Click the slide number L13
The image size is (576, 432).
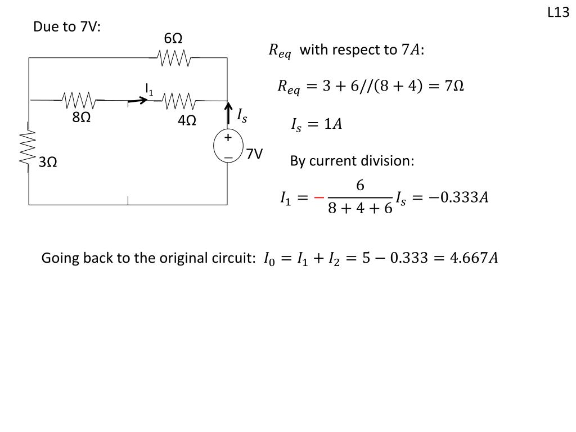558,12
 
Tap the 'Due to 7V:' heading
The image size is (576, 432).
67,27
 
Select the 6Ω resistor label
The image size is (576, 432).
173,38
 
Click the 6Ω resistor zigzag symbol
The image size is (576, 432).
174,58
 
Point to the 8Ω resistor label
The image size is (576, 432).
81,117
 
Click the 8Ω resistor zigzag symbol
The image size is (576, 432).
80,100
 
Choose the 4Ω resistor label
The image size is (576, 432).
187,120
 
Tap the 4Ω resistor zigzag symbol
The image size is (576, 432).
178,101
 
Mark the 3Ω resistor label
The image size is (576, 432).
48,162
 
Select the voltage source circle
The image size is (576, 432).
228,146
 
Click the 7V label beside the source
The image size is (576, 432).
254,154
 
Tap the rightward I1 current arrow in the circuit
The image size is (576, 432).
138,100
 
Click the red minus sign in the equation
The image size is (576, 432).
319,198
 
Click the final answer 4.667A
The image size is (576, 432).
474,258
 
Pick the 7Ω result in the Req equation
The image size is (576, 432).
454,85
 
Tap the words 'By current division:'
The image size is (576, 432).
352,161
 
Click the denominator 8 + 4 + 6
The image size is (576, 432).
360,208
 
